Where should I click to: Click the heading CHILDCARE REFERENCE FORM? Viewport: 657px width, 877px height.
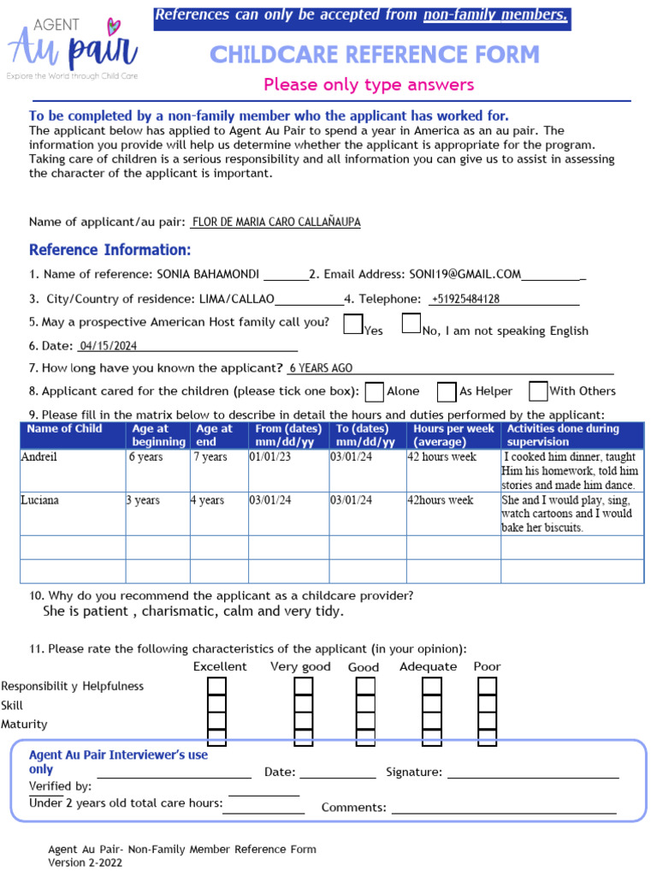coord(375,55)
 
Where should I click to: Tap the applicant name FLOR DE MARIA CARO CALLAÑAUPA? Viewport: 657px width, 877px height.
coord(276,222)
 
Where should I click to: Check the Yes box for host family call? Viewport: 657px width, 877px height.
coord(352,324)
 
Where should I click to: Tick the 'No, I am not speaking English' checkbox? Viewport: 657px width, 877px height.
coord(411,324)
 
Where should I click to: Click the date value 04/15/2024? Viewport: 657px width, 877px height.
coord(108,346)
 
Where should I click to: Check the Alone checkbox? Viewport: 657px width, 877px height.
coord(374,391)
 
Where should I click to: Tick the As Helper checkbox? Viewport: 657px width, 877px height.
coord(447,391)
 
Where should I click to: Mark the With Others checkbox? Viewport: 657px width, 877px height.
coord(538,391)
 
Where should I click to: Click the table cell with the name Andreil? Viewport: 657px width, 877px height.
coord(73,470)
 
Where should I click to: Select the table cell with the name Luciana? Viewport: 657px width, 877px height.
coord(73,513)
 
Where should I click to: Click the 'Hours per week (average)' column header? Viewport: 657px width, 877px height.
coord(453,435)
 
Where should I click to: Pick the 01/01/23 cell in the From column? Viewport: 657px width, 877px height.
coord(288,470)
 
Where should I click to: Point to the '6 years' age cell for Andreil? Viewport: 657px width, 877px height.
coord(157,470)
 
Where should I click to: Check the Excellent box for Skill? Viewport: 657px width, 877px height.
coord(217,705)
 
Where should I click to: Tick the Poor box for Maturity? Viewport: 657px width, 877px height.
coord(488,724)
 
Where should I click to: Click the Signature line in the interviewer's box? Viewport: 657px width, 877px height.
coord(532,773)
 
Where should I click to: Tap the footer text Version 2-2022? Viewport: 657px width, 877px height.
coord(85,862)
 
